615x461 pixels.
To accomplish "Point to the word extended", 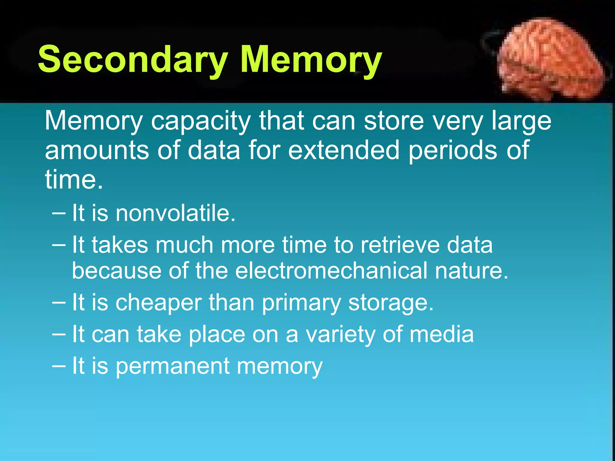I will coord(344,150).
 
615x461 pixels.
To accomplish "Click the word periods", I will coord(453,150).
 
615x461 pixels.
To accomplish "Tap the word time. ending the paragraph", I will coord(74,179).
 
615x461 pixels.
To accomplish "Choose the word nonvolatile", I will coord(175,213).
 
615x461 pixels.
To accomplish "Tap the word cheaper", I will coord(159,303).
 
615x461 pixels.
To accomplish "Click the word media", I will coord(442,334).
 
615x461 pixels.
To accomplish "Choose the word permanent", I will coord(173,366).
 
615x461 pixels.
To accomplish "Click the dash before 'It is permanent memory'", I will coord(59,366).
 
